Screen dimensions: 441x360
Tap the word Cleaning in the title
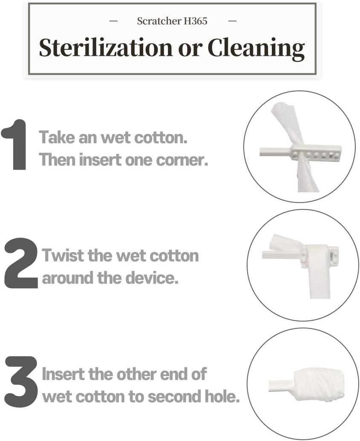coord(256,48)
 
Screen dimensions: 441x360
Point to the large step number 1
coord(15,145)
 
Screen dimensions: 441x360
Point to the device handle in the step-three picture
coord(279,386)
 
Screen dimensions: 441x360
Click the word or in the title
coord(190,48)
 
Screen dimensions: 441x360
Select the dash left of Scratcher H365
coord(114,21)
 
